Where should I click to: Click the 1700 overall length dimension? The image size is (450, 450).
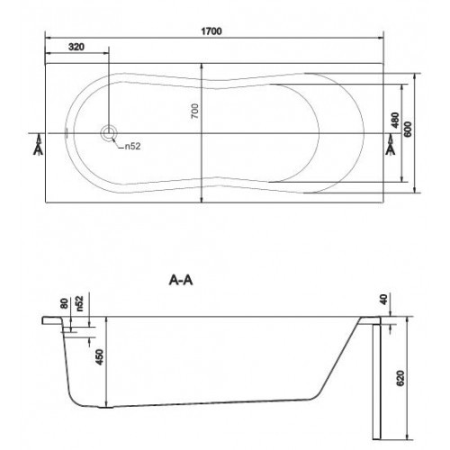(x=211, y=31)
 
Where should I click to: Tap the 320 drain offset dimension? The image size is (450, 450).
(x=76, y=47)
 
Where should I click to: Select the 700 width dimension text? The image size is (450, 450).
(x=195, y=111)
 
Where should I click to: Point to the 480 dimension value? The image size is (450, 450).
(x=395, y=120)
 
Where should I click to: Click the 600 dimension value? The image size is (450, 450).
(x=408, y=130)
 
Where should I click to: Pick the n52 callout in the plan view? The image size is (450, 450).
(x=132, y=147)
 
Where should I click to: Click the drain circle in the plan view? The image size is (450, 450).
(x=109, y=133)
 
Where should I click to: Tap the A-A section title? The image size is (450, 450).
(x=181, y=281)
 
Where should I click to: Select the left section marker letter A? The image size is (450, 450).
(x=38, y=149)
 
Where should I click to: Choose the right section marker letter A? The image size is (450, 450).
(x=391, y=149)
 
